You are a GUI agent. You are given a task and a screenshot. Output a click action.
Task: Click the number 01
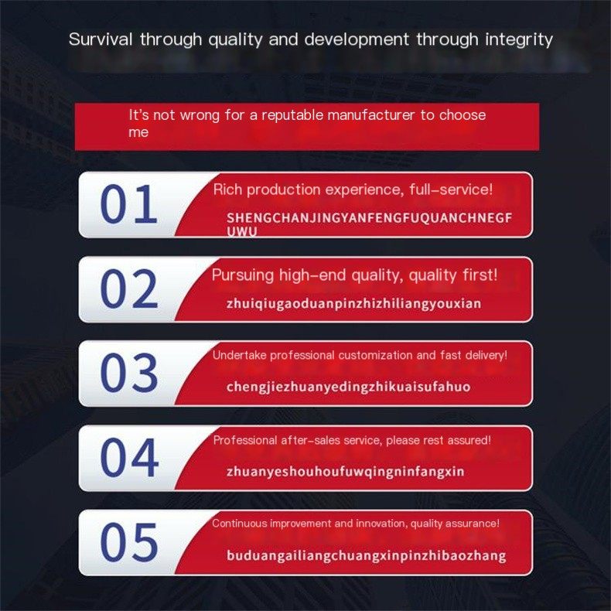point(128,204)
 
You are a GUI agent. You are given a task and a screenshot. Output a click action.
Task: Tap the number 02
point(129,288)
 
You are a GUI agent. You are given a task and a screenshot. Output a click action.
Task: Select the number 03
point(129,373)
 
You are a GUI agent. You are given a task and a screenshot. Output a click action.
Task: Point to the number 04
point(129,457)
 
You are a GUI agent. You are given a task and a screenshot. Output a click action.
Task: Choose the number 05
point(129,542)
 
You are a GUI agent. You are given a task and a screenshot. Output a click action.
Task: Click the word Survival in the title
point(101,39)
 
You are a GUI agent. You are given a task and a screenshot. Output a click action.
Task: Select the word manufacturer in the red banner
point(371,115)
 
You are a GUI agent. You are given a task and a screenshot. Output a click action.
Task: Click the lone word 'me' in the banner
point(138,132)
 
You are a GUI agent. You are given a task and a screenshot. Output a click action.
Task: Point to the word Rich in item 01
point(227,189)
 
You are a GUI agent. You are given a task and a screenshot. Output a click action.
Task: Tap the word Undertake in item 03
point(239,355)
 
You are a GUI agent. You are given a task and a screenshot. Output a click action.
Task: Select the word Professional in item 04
point(244,440)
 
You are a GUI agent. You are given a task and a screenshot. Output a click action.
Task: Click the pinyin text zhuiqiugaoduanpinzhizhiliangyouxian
point(353,303)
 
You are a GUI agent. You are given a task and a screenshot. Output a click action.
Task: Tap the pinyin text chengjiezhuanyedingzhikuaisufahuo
point(348,387)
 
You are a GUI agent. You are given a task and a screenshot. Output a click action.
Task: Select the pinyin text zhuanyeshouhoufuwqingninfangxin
point(345,472)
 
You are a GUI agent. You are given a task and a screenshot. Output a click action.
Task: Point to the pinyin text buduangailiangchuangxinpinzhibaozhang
point(367,555)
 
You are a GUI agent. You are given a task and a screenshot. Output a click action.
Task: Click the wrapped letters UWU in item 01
point(241,231)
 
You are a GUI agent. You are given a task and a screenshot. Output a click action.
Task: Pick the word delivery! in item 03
point(486,355)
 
